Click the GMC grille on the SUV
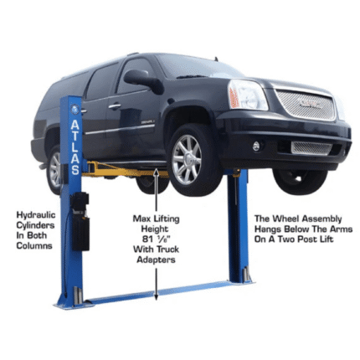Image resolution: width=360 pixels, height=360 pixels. [x=306, y=105]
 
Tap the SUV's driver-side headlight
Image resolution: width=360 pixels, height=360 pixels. [x=247, y=95]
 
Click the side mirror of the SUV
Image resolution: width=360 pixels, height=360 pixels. [x=141, y=79]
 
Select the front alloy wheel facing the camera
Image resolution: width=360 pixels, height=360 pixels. [x=188, y=159]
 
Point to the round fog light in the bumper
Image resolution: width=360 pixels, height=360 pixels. [x=256, y=146]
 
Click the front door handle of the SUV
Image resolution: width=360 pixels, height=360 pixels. [x=115, y=106]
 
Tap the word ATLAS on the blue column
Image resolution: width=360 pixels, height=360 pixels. [x=75, y=147]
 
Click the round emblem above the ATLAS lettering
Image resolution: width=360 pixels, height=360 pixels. [x=75, y=109]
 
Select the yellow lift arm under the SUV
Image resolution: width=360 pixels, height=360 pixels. [x=126, y=171]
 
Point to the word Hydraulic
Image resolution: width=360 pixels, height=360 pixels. [x=36, y=215]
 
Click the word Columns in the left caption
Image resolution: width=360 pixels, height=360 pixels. [x=34, y=245]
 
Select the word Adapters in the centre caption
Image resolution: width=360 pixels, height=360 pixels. [x=156, y=260]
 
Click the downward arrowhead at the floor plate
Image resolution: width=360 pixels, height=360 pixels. [x=156, y=296]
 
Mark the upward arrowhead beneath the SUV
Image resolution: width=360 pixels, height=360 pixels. [x=157, y=172]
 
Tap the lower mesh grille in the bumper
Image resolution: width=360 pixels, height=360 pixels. [x=311, y=148]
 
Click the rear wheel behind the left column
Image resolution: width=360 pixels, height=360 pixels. [x=55, y=170]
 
